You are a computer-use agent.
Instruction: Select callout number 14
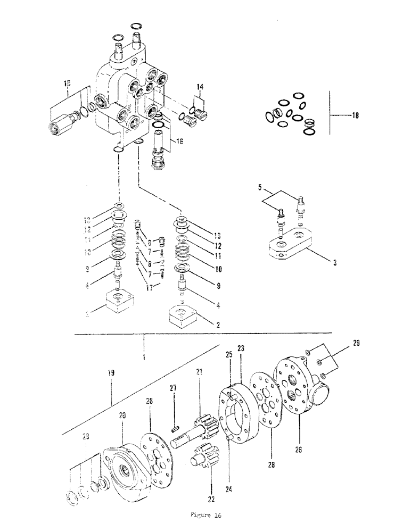click(200, 86)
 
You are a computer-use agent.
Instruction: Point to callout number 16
click(178, 142)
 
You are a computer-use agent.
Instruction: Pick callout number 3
click(333, 263)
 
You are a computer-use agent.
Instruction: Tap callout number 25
click(228, 354)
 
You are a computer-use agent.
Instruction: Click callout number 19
click(111, 374)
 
